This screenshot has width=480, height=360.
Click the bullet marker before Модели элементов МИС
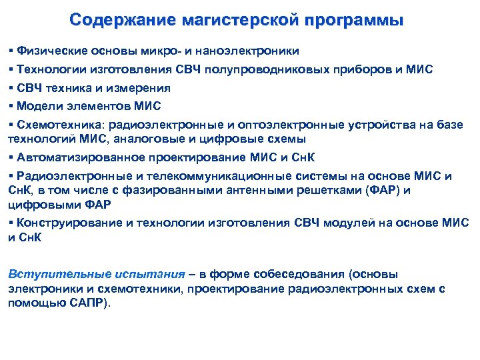[11, 106]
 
